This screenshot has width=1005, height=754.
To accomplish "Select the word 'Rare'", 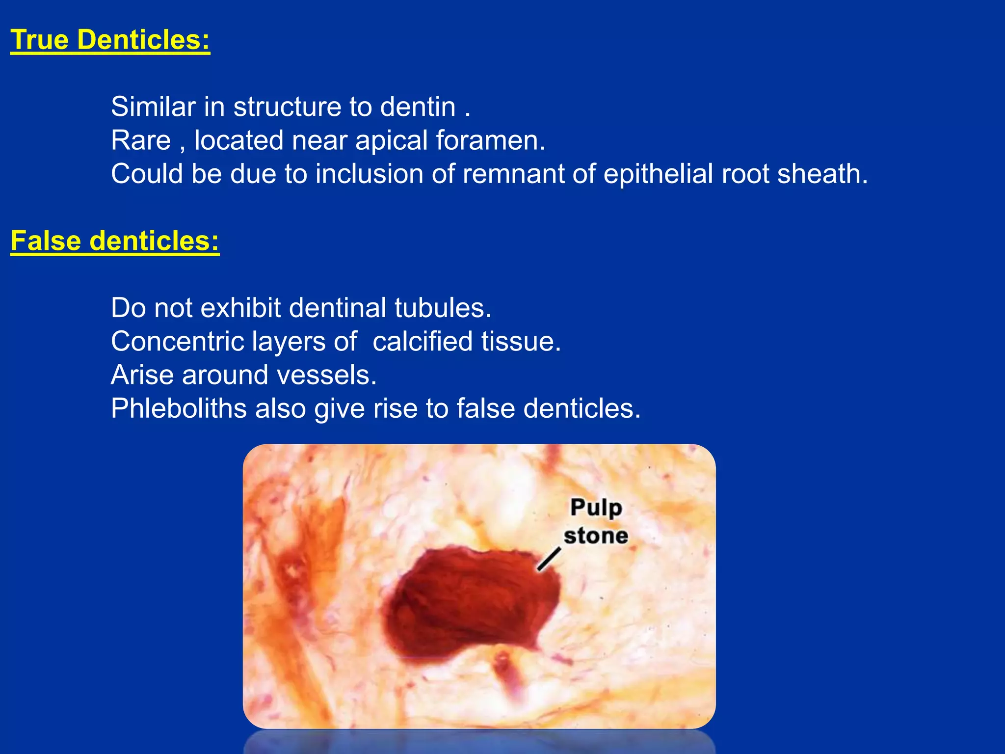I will click(140, 140).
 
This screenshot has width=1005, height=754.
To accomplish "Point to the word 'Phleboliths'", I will click(179, 408).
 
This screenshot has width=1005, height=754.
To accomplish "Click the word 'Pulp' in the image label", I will click(596, 508).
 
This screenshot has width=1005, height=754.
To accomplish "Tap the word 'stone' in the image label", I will click(596, 535).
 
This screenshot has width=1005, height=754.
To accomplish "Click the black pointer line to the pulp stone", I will click(549, 559).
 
